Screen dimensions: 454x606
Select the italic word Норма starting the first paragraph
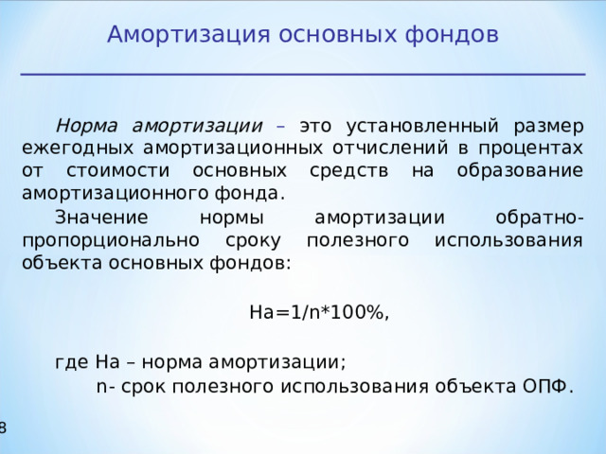[x=90, y=126]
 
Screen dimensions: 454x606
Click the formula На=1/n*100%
[x=318, y=313]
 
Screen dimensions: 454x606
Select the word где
[x=72, y=362]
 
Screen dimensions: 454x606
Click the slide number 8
[x=3, y=428]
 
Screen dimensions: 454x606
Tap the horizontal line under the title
[x=303, y=74]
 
